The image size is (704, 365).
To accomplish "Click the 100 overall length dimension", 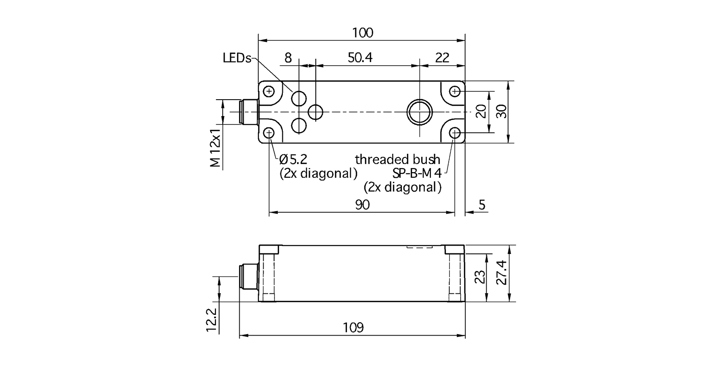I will [x=363, y=33].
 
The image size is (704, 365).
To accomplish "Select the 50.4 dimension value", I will [x=360, y=58].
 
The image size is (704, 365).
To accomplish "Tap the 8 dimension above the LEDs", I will [x=288, y=58].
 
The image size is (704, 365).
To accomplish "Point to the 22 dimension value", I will [x=442, y=58].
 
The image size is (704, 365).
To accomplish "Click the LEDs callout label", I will [x=237, y=58].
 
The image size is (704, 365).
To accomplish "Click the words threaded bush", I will [x=397, y=160].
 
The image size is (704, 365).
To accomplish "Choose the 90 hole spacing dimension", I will [x=362, y=205].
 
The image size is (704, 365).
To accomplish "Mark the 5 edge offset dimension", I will [x=481, y=205].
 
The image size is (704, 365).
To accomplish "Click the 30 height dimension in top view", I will [x=503, y=111].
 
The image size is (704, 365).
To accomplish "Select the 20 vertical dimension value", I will [x=480, y=111].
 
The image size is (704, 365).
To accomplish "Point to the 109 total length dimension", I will [x=353, y=328].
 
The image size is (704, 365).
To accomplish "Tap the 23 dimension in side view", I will [x=479, y=278].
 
